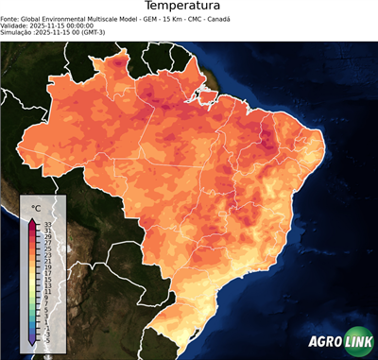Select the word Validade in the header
click(x=15, y=25)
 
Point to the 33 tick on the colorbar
click(x=46, y=224)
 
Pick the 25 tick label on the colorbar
click(x=46, y=249)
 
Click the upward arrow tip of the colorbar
click(x=32, y=218)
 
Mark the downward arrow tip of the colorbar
click(x=32, y=345)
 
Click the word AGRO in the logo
click(x=323, y=343)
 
